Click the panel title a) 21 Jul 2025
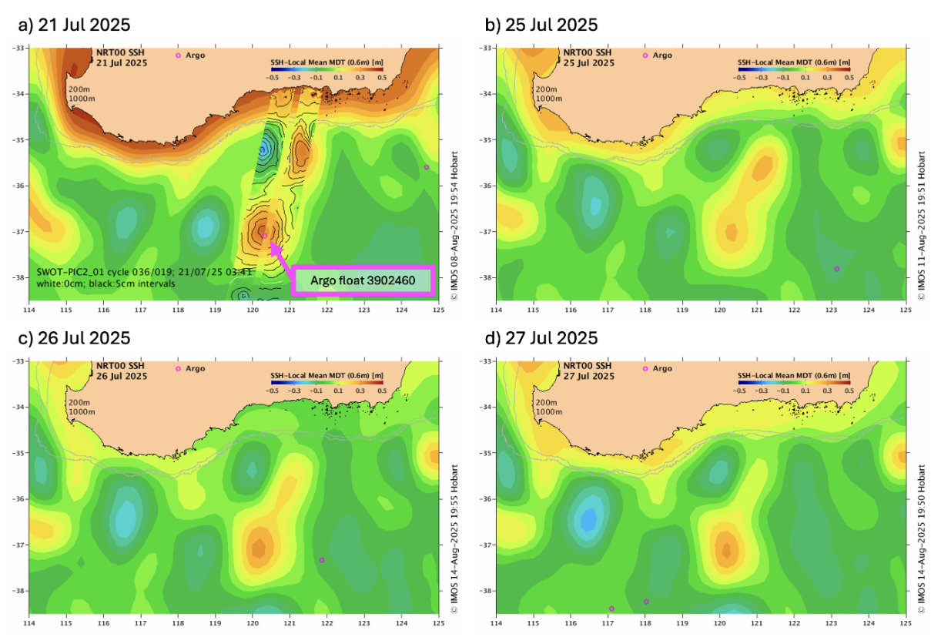(73, 25)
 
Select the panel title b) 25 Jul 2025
(541, 25)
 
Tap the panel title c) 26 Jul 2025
(73, 338)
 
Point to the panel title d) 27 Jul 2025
(541, 338)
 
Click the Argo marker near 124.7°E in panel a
(426, 167)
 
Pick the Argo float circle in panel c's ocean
(322, 560)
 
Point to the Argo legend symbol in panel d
(645, 369)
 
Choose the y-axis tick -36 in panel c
(18, 499)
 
